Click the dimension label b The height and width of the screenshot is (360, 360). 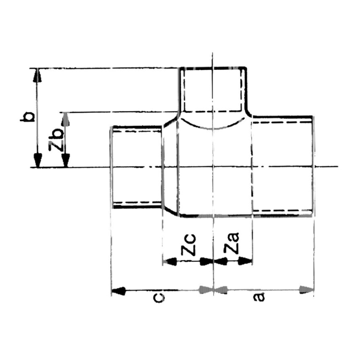pyautogui.click(x=28, y=117)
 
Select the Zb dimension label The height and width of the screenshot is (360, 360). pyautogui.click(x=56, y=139)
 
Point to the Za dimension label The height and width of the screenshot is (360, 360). pyautogui.click(x=231, y=243)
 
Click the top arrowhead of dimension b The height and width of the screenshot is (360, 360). pyautogui.click(x=37, y=75)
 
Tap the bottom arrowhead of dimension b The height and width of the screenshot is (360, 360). pyautogui.click(x=38, y=160)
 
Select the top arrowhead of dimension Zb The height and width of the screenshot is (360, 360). pyautogui.click(x=66, y=119)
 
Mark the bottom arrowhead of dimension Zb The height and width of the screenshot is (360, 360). pyautogui.click(x=66, y=160)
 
